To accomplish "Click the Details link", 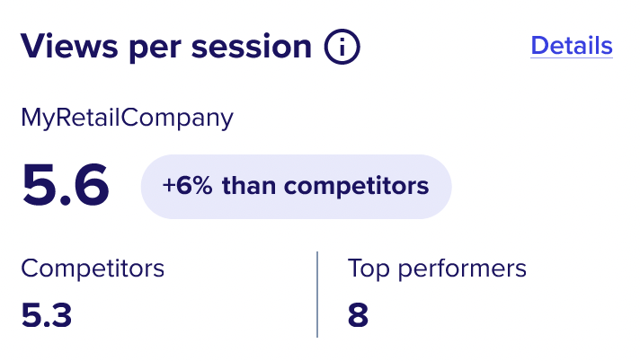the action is pyautogui.click(x=572, y=45).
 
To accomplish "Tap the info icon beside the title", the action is pyautogui.click(x=342, y=47).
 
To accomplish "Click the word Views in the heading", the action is pyautogui.click(x=69, y=46).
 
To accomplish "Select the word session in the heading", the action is pyautogui.click(x=252, y=47).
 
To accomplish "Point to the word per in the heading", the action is pyautogui.click(x=155, y=49).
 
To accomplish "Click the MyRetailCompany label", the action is pyautogui.click(x=127, y=118).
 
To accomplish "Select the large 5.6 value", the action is pyautogui.click(x=66, y=185).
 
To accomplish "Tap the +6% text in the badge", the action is pyautogui.click(x=187, y=186).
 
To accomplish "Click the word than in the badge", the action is pyautogui.click(x=249, y=186).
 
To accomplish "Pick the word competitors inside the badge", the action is pyautogui.click(x=356, y=187).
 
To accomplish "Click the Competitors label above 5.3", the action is pyautogui.click(x=93, y=269).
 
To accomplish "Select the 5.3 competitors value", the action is pyautogui.click(x=47, y=315).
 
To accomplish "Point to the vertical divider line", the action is pyautogui.click(x=317, y=295).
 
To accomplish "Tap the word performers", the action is pyautogui.click(x=462, y=269).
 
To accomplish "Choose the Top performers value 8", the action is pyautogui.click(x=358, y=315).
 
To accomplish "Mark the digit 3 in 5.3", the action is pyautogui.click(x=61, y=315).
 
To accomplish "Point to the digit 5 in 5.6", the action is pyautogui.click(x=39, y=185).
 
